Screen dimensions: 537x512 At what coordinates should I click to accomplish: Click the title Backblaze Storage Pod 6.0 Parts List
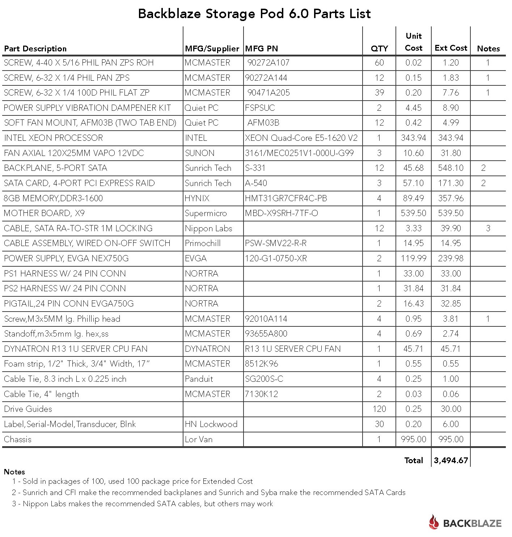(x=254, y=14)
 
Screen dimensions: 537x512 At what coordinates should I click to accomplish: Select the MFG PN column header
(x=261, y=48)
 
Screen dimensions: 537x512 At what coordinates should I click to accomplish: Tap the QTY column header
(x=379, y=48)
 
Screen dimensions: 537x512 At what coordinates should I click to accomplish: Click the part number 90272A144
(x=268, y=78)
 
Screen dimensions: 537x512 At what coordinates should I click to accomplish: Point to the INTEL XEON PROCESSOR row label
(x=54, y=138)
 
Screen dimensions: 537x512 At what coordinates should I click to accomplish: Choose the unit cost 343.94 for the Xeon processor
(x=414, y=138)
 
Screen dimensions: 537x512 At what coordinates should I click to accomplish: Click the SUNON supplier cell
(x=200, y=153)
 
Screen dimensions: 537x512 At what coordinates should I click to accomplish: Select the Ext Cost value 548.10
(x=451, y=168)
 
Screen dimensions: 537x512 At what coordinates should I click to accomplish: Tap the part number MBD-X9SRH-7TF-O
(x=282, y=213)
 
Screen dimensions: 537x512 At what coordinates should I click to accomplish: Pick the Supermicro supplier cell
(x=206, y=213)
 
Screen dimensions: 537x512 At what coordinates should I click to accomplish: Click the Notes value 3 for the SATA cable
(x=488, y=228)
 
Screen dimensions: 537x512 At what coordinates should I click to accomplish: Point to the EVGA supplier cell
(x=196, y=258)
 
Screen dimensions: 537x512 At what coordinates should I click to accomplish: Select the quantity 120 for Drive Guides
(x=379, y=409)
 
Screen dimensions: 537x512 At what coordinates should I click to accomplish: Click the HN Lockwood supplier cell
(x=211, y=424)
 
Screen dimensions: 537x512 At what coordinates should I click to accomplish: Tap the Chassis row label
(x=18, y=439)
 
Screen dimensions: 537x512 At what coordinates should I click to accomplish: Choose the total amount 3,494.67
(x=451, y=460)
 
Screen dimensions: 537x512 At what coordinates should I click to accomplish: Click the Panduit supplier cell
(x=199, y=379)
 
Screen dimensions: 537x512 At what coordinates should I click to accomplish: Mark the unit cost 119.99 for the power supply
(x=414, y=258)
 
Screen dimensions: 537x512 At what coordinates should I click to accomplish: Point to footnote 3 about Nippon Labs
(x=143, y=504)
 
